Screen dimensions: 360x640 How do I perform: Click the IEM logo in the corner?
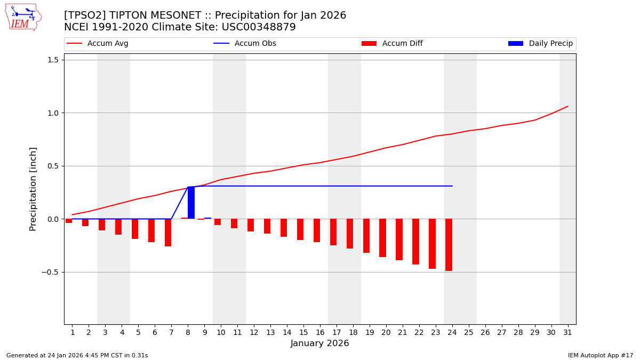(x=23, y=17)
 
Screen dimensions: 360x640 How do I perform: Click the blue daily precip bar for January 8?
(x=191, y=203)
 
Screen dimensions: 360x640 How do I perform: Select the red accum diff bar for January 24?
(x=449, y=245)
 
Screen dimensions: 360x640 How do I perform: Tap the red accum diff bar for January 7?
(x=168, y=233)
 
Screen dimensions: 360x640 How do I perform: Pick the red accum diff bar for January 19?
(x=366, y=236)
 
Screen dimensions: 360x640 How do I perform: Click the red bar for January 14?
(x=284, y=228)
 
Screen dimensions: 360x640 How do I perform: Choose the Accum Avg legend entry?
(x=98, y=44)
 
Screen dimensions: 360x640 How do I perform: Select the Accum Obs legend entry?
(x=245, y=44)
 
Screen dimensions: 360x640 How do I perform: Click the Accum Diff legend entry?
(x=392, y=44)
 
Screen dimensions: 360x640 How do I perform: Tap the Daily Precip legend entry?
(x=541, y=44)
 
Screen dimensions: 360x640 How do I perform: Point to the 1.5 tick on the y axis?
(x=52, y=60)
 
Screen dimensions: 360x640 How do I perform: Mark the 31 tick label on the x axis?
(x=567, y=332)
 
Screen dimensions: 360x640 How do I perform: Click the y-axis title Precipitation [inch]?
(x=33, y=189)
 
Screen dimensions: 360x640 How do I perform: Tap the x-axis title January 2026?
(x=319, y=343)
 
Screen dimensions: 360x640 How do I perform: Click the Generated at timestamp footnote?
(x=77, y=355)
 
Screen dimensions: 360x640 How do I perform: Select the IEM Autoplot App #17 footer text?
(x=601, y=355)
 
